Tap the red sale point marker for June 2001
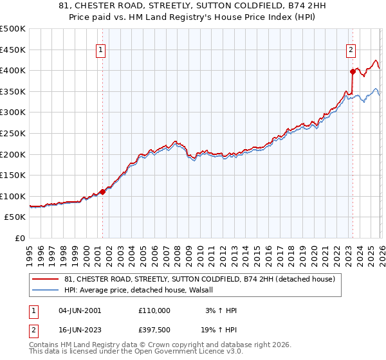[102, 192]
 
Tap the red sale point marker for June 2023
[353, 71]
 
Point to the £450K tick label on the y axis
[13, 50]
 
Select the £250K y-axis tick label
[13, 133]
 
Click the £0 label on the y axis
[19, 238]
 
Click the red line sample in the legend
[46, 280]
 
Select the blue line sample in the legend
[46, 290]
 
